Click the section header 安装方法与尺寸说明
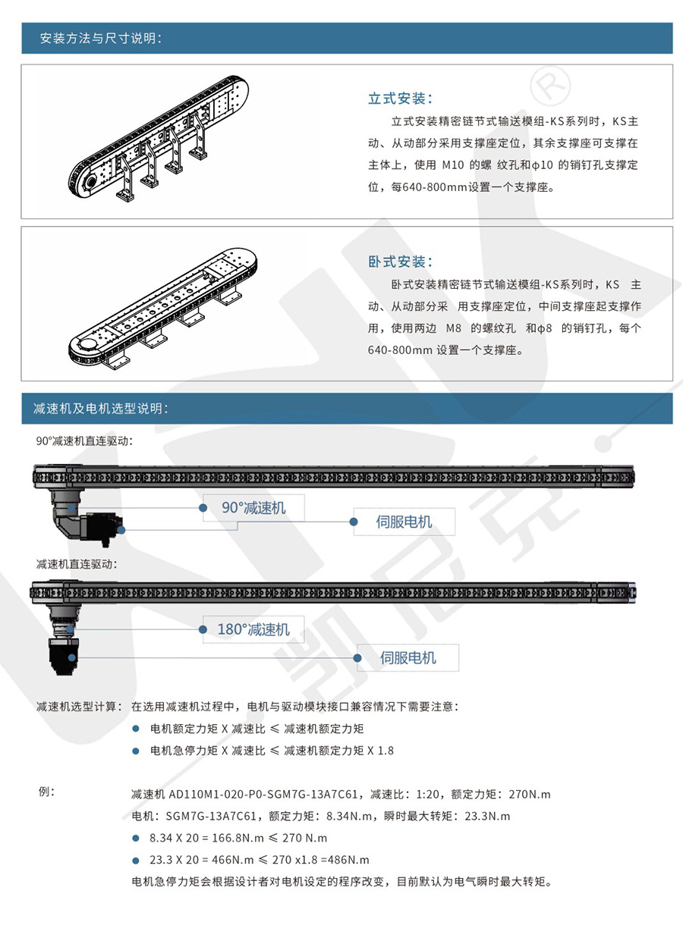click(100, 39)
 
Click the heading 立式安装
click(400, 99)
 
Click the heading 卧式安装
click(400, 262)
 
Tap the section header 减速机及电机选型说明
click(100, 409)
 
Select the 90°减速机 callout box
click(253, 508)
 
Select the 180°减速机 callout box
click(253, 629)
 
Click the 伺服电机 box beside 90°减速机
click(404, 522)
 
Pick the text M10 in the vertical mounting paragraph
click(456, 165)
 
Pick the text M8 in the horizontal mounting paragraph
click(454, 328)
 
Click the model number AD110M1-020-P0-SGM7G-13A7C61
click(263, 795)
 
